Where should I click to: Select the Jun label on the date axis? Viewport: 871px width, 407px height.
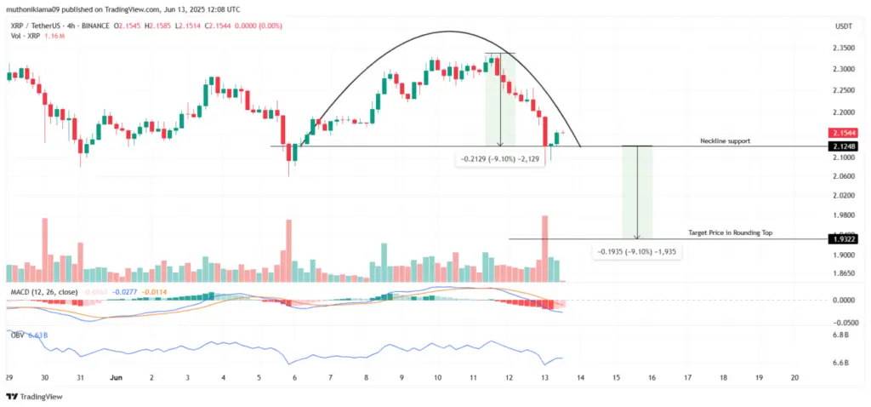coord(116,377)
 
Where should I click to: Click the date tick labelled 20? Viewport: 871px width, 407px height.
coord(794,377)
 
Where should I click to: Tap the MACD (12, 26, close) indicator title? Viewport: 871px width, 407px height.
coord(43,292)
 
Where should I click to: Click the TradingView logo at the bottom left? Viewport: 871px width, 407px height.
coord(35,396)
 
